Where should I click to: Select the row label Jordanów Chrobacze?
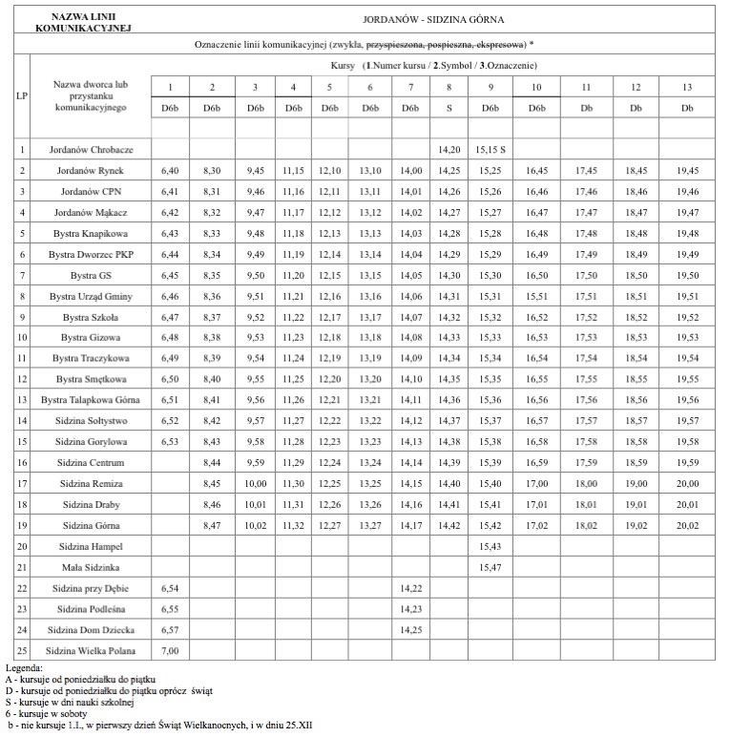coord(92,150)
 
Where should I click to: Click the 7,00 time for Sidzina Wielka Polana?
coord(171,651)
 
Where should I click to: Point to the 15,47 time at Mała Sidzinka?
coord(490,567)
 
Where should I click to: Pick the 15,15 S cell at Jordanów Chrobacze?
coord(490,150)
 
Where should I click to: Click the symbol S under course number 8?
coord(448,109)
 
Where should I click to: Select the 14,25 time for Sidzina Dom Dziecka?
coord(410,630)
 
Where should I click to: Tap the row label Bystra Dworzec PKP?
coord(92,255)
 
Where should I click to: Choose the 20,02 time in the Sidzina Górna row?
coord(687,525)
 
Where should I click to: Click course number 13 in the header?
coord(687,88)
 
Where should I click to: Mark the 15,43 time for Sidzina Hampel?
coord(490,546)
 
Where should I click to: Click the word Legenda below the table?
coord(24,668)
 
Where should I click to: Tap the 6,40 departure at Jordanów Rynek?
coord(171,171)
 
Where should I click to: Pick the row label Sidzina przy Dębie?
coord(92,588)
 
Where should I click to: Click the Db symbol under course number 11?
coord(584,109)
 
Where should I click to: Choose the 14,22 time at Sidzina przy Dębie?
coord(410,588)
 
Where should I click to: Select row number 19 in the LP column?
coord(22,525)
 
